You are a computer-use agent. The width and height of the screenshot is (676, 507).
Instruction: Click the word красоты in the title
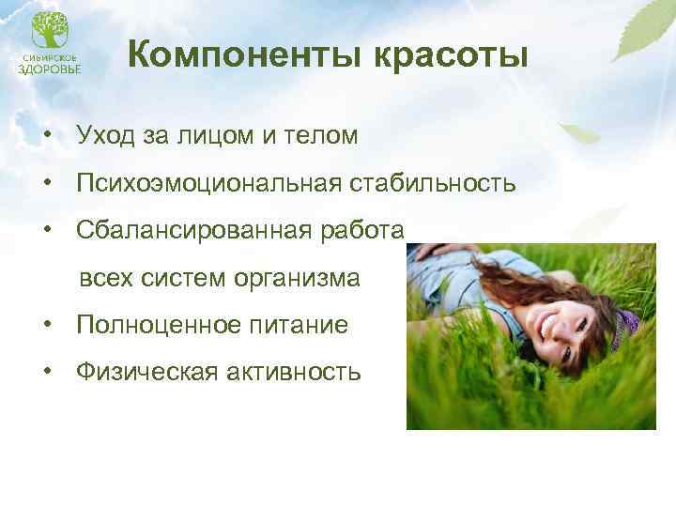coord(453,56)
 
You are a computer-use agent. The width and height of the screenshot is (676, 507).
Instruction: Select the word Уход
coord(108,135)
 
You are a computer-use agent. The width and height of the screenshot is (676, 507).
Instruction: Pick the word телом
coord(319,135)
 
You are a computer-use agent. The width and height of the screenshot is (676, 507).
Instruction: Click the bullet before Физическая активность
coord(44,373)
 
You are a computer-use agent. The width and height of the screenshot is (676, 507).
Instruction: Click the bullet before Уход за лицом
coord(44,135)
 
